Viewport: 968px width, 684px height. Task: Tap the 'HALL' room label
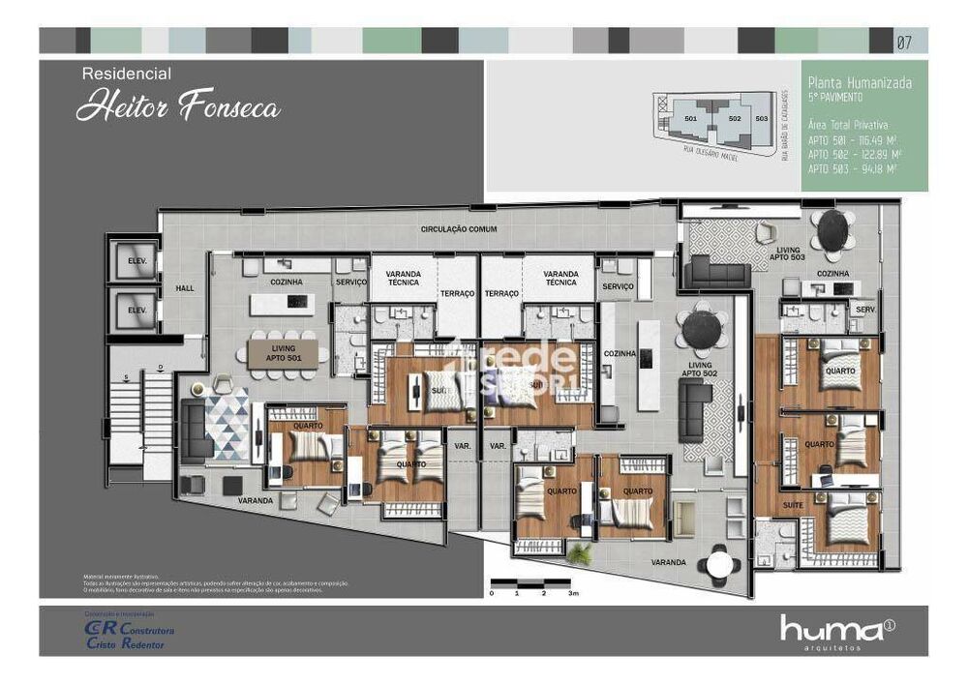point(185,288)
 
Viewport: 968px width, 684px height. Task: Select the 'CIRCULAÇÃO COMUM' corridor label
point(459,228)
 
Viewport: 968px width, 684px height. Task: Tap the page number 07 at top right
point(904,42)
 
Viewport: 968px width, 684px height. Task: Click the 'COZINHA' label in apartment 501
point(287,282)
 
